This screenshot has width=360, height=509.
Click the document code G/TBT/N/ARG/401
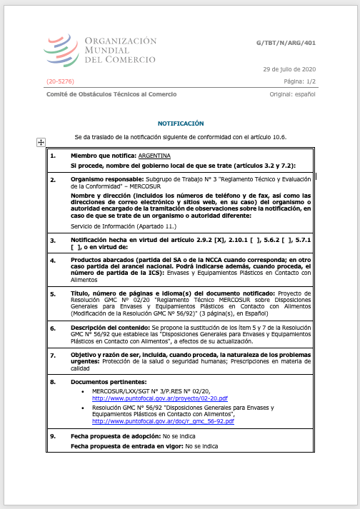click(286, 43)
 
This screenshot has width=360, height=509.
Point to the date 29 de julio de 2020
click(289, 69)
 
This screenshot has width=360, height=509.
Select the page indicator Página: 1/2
click(296, 82)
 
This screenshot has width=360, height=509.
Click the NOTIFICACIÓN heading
click(181, 124)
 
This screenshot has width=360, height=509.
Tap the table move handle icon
click(41, 142)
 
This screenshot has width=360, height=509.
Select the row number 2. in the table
click(52, 180)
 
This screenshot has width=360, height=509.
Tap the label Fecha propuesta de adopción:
click(114, 436)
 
